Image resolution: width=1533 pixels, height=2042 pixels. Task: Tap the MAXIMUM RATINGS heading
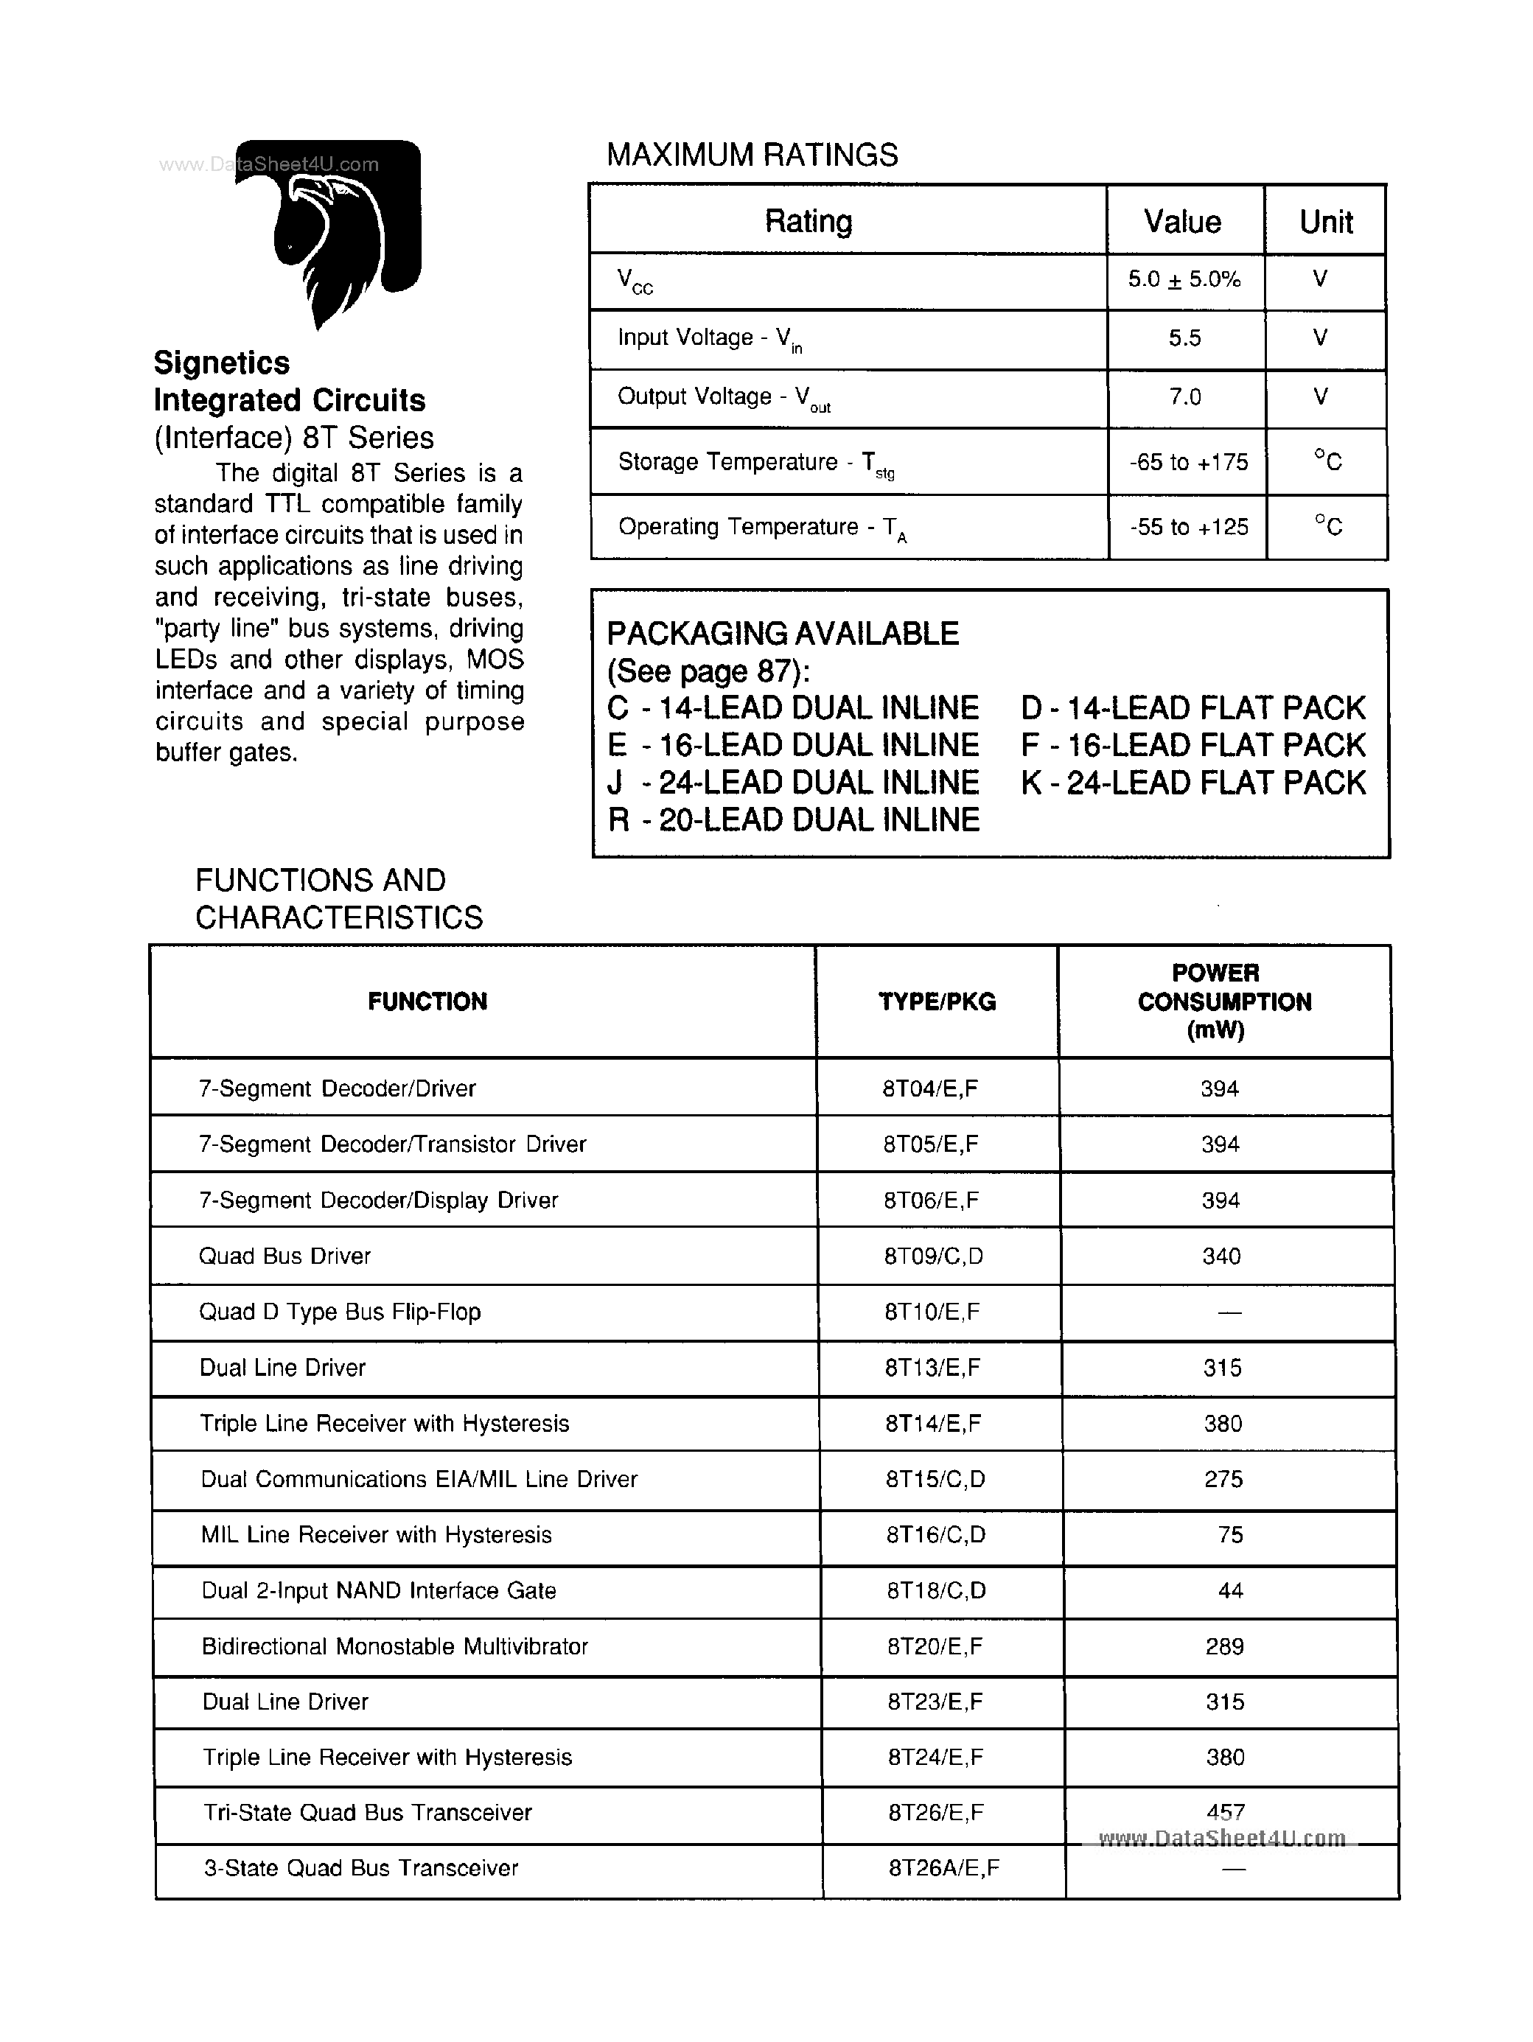tap(752, 155)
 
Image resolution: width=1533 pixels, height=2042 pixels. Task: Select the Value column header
tap(1182, 222)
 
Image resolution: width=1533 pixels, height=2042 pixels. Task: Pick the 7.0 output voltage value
tap(1185, 397)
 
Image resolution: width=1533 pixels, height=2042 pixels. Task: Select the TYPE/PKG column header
tap(937, 1001)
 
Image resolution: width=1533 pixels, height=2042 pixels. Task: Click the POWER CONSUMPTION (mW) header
tap(1223, 1001)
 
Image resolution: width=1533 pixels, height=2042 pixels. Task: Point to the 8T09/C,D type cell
tap(933, 1256)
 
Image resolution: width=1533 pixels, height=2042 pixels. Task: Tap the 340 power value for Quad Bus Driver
tap(1221, 1256)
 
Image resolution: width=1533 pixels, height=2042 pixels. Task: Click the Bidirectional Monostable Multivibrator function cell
tap(394, 1646)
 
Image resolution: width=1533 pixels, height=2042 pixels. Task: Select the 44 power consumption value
tap(1230, 1590)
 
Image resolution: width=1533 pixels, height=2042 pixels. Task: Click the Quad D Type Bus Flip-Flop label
tap(340, 1312)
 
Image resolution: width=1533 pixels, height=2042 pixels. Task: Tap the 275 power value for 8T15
tap(1223, 1479)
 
